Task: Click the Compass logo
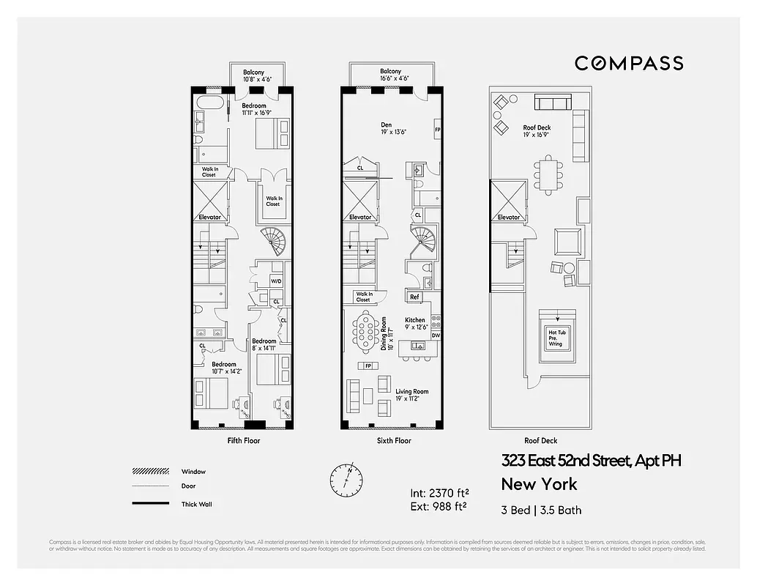629,63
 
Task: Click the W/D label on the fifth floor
276,281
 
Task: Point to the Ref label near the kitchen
414,297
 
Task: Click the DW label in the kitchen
436,335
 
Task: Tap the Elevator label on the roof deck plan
509,218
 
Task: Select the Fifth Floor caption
244,441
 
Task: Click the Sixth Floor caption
394,441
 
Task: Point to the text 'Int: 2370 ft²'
439,492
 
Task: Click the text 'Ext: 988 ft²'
439,505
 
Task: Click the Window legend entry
193,472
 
